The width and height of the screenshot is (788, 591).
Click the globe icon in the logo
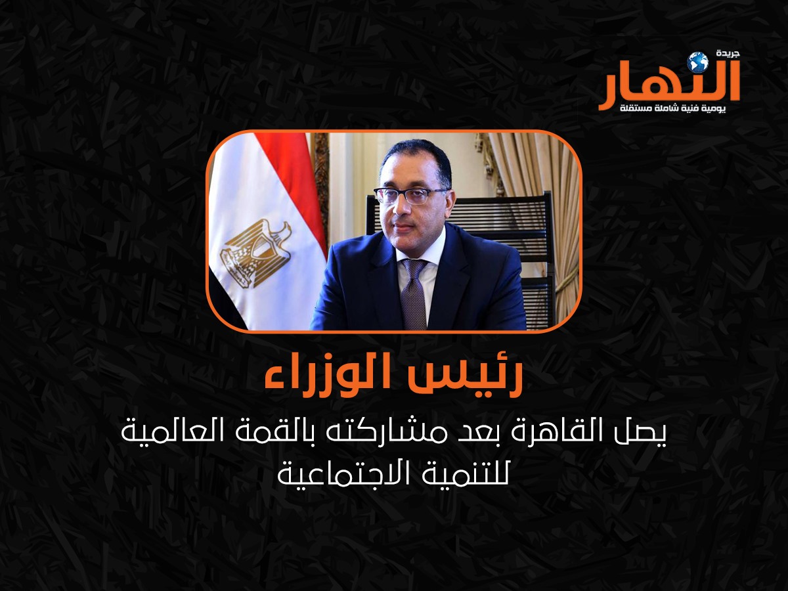[x=697, y=62]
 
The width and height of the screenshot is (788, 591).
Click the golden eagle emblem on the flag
[x=256, y=253]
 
